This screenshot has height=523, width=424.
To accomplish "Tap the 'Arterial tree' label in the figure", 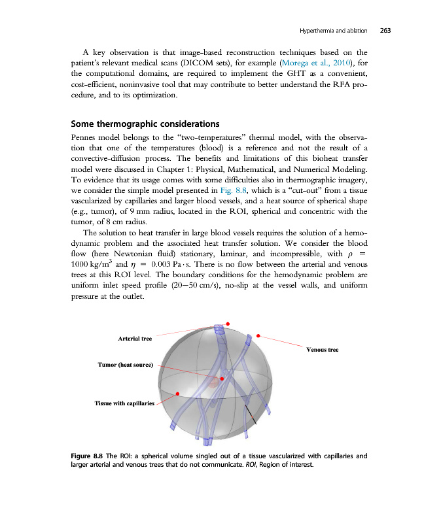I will pos(135,339).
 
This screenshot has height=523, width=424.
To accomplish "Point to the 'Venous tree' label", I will pos(323,350).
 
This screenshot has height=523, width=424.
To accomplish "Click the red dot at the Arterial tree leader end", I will pos(228,324).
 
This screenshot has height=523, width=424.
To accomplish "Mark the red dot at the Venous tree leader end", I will pos(258,336).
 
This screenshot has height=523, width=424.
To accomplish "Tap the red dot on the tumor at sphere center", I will pos(222,379).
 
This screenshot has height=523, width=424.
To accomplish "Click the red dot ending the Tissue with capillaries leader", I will pos(179,394).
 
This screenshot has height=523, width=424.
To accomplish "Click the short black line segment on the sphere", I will pos(251,414).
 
